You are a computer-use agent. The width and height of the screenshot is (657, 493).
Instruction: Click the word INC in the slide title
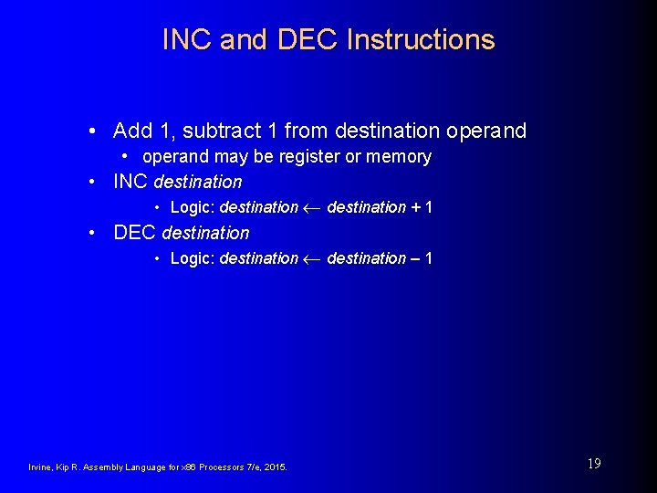(187, 40)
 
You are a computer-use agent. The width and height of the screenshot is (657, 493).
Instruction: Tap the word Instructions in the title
(421, 40)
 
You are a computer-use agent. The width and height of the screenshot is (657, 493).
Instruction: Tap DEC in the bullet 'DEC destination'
(134, 233)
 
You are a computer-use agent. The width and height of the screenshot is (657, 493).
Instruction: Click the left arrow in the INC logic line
(312, 208)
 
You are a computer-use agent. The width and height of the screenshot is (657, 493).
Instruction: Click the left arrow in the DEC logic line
(312, 259)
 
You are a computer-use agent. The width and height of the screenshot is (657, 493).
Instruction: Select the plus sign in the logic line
(416, 207)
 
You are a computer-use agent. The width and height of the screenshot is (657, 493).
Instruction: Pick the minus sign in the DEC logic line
(416, 258)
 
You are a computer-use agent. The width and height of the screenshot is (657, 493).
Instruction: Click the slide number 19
(594, 464)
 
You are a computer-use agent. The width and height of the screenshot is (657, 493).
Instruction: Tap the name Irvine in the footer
(42, 467)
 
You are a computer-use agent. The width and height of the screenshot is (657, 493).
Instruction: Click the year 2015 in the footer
(275, 467)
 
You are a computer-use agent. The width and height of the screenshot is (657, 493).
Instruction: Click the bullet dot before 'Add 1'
(95, 131)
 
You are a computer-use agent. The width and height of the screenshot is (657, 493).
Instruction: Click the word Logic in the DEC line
(191, 259)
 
